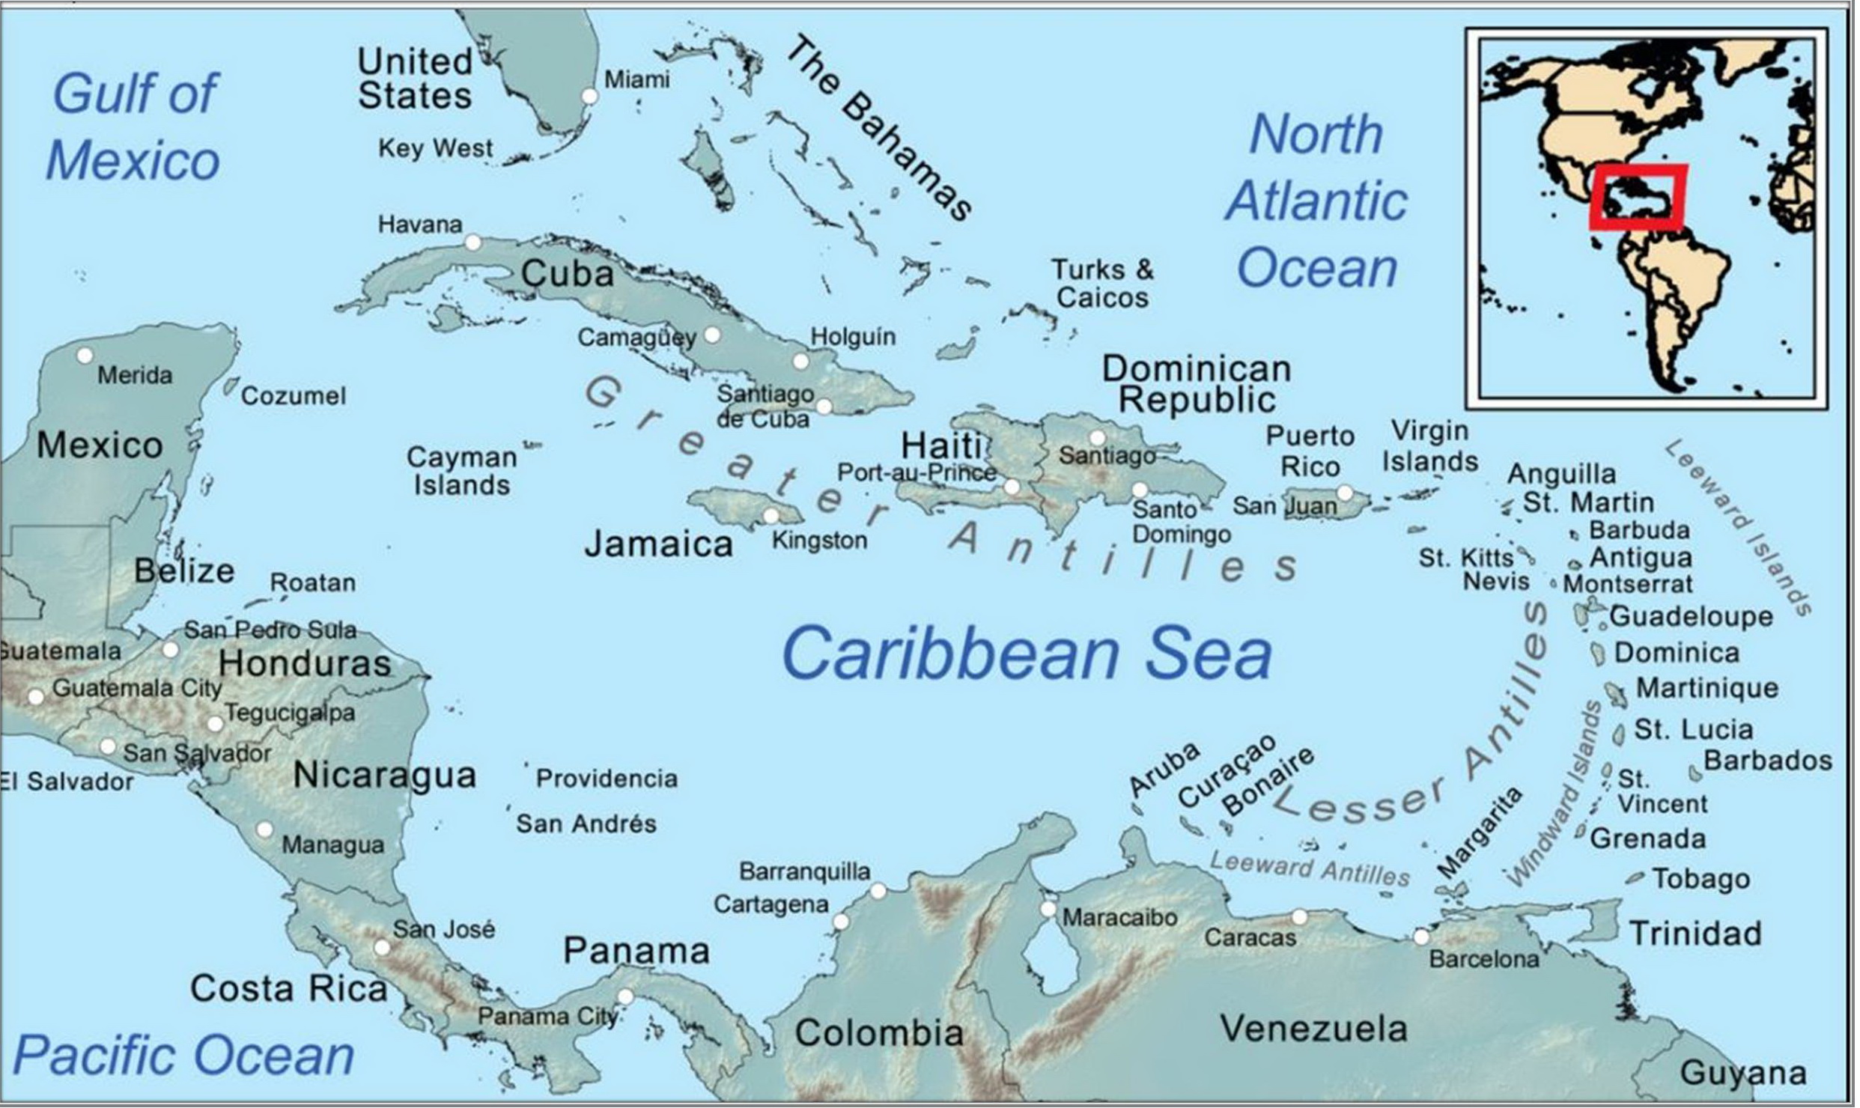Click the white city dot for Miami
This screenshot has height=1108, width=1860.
[590, 96]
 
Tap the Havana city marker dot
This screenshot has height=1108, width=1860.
[472, 242]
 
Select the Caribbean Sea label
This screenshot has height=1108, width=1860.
[1027, 654]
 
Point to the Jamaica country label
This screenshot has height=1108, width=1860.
[658, 544]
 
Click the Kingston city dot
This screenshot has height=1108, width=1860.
[771, 515]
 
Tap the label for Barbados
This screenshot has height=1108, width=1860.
[1768, 761]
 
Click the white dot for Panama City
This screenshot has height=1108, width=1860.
[625, 996]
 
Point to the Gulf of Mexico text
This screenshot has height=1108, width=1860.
[133, 127]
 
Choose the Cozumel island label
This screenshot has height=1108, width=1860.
[293, 396]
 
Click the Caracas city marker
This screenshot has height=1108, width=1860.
[1299, 917]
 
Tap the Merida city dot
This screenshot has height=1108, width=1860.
[85, 355]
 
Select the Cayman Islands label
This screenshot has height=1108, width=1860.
[461, 471]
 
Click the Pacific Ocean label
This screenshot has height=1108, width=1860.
[183, 1055]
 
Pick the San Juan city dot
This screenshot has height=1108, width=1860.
[1345, 492]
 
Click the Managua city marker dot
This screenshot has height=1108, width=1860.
[264, 830]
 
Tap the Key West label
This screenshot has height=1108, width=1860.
[435, 148]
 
